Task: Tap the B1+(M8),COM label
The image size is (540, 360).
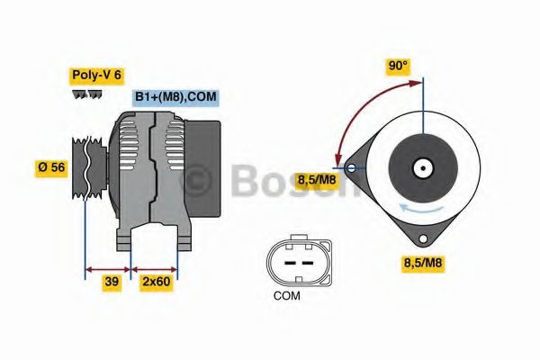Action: [x=176, y=97]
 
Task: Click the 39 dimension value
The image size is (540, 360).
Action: [x=112, y=282]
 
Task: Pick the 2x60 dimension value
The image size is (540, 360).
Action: [x=156, y=282]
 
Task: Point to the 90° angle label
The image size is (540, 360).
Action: [x=397, y=66]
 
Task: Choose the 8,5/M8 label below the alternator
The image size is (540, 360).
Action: [x=421, y=263]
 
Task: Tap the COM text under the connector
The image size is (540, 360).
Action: [x=287, y=294]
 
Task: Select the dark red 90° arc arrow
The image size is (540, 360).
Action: [x=360, y=108]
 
